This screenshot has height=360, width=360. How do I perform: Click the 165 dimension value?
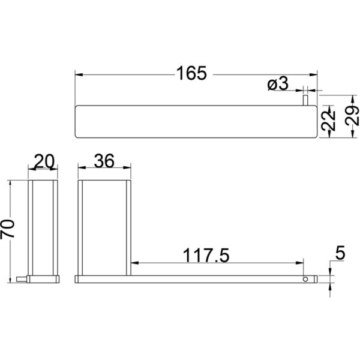191,73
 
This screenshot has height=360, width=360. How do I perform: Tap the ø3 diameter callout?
278,83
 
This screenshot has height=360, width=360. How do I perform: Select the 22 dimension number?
328,121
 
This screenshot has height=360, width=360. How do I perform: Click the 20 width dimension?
44,161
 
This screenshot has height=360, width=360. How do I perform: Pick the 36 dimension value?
104,161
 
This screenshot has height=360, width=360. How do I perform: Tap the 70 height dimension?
7,229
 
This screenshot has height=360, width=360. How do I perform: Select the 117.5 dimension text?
206,256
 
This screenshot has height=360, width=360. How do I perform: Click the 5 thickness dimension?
340,253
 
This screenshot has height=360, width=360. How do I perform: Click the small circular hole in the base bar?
305,279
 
